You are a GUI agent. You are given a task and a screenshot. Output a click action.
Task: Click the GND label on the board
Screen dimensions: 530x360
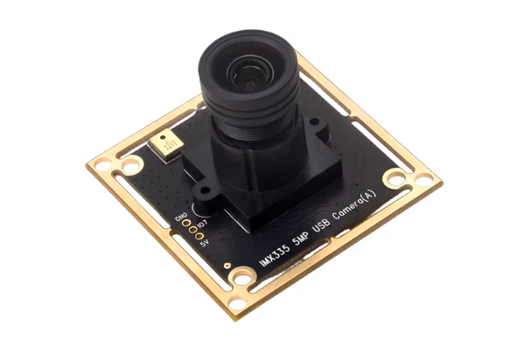click(x=181, y=217)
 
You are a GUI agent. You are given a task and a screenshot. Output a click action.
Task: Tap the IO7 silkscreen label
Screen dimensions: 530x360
click(x=203, y=223)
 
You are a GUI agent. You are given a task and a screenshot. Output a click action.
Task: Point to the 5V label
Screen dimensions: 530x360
click(x=205, y=243)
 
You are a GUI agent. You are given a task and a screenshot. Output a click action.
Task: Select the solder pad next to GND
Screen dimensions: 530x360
click(x=185, y=223)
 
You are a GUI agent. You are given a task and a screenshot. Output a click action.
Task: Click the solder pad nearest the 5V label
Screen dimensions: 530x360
click(x=199, y=237)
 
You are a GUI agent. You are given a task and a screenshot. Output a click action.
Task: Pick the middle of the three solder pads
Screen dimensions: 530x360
click(x=193, y=230)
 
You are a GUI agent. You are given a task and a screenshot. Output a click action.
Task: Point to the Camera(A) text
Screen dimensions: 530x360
click(x=354, y=205)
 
